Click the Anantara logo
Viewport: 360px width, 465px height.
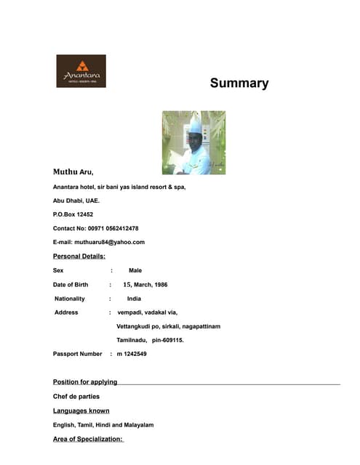pyautogui.click(x=81, y=71)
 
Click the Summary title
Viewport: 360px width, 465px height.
pyautogui.click(x=239, y=83)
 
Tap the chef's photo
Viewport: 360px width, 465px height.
pyautogui.click(x=193, y=142)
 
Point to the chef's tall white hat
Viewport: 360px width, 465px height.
pyautogui.click(x=196, y=126)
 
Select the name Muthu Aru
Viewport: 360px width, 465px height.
pyautogui.click(x=73, y=172)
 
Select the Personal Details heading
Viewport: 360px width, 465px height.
pyautogui.click(x=79, y=256)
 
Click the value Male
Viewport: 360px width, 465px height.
pyautogui.click(x=135, y=270)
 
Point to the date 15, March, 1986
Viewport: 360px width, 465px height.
pyautogui.click(x=145, y=285)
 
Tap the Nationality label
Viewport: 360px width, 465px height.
pyautogui.click(x=70, y=299)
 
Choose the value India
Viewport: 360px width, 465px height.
pyautogui.click(x=134, y=299)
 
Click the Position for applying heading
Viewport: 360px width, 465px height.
pyautogui.click(x=85, y=382)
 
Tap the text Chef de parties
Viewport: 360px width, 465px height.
pyautogui.click(x=76, y=397)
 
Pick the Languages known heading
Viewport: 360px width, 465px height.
pyautogui.click(x=81, y=411)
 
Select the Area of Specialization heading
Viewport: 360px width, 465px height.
pyautogui.click(x=89, y=439)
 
